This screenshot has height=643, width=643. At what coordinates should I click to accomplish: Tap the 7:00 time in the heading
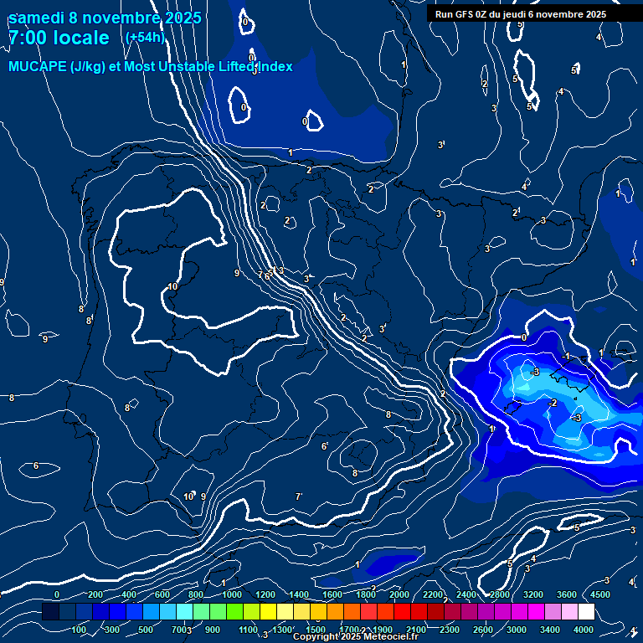[28, 38]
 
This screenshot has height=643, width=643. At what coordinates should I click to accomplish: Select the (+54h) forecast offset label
[144, 37]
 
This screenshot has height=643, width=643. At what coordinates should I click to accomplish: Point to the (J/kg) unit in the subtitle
[90, 67]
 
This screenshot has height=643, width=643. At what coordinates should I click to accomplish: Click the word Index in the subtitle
[273, 67]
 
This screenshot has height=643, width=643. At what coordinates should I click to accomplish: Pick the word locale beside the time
[81, 38]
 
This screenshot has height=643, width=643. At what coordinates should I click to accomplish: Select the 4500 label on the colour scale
[599, 594]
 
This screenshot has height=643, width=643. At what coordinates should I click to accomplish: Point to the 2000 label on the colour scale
[399, 594]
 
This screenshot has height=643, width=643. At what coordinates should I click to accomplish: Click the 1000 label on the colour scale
[232, 594]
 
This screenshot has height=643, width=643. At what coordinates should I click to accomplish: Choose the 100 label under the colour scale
[80, 630]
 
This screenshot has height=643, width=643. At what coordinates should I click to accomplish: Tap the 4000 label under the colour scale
[584, 630]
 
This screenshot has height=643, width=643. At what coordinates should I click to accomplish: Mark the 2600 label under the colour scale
[482, 630]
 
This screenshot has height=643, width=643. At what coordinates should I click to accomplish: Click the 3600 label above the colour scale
[567, 594]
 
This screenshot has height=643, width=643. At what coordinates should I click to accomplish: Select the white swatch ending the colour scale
[586, 612]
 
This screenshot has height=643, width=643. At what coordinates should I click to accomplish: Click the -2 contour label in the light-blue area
[552, 403]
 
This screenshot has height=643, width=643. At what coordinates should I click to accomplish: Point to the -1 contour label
[566, 356]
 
